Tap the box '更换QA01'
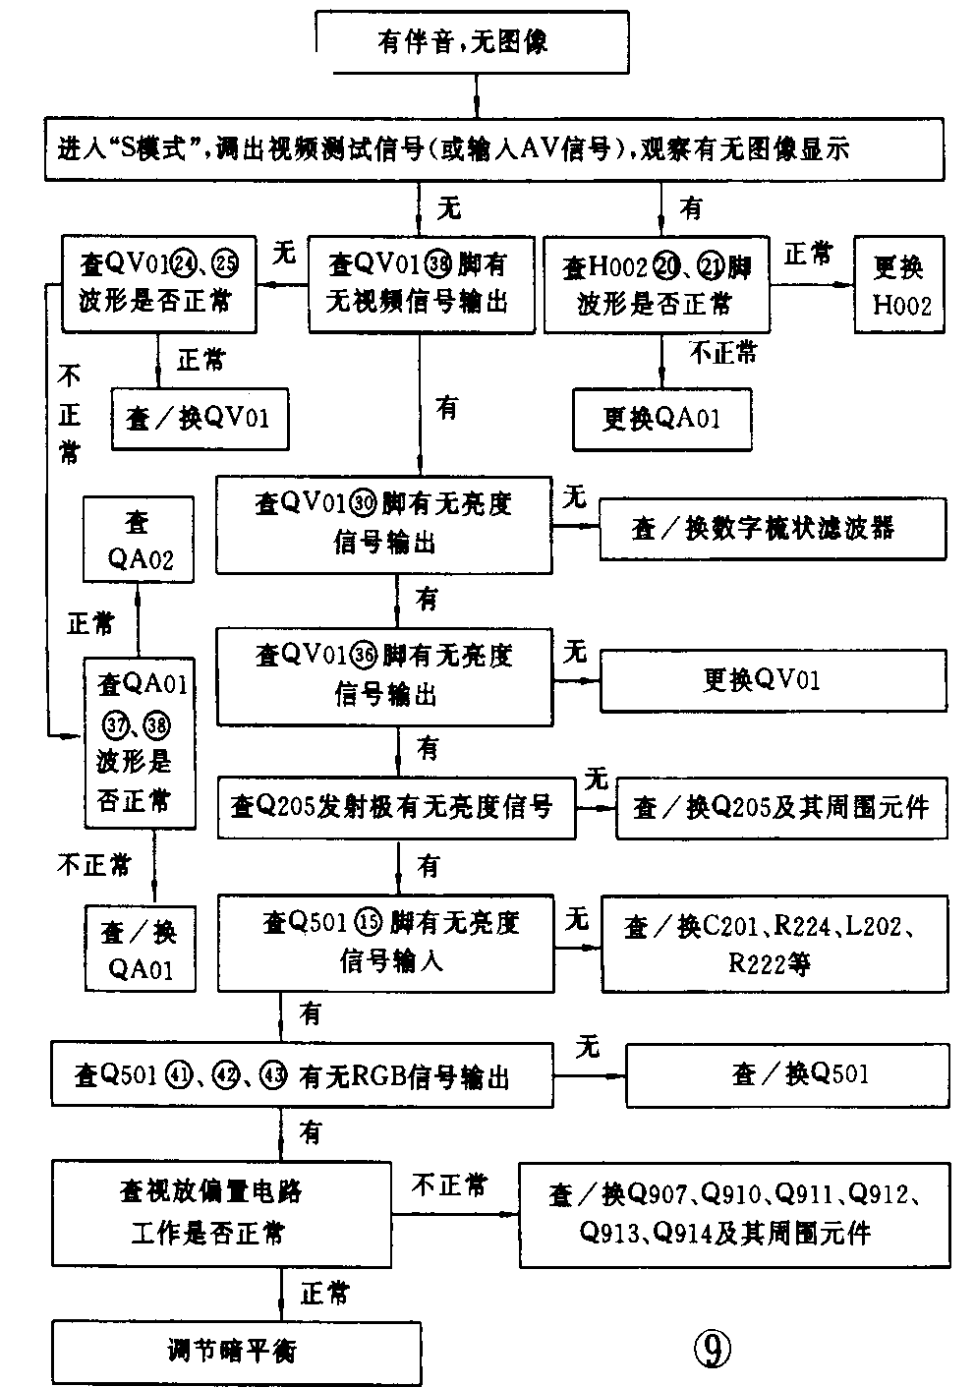click(661, 419)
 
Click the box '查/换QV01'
click(201, 419)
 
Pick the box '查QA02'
click(139, 540)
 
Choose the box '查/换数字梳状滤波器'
click(773, 529)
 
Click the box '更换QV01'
click(773, 680)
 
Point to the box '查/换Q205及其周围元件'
click(781, 808)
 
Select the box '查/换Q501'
click(787, 1074)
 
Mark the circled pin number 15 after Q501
click(369, 923)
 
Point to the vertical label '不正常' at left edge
click(69, 414)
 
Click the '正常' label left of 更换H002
click(809, 255)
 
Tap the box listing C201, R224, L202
click(774, 944)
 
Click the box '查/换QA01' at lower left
click(139, 949)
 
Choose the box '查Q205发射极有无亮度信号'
click(396, 808)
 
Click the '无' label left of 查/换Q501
click(588, 1046)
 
